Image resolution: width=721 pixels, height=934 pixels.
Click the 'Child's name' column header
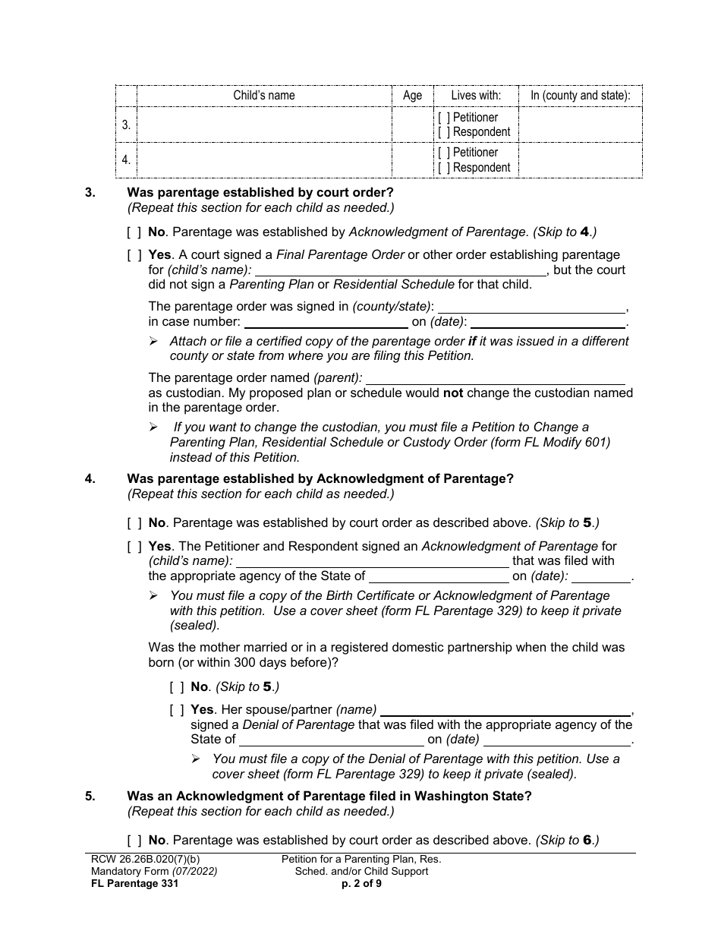(263, 96)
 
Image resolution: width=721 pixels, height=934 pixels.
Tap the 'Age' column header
(412, 96)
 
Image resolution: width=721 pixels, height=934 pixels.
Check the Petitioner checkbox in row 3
(442, 118)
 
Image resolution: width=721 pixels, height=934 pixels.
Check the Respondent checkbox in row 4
(442, 168)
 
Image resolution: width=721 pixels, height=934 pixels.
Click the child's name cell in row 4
(263, 160)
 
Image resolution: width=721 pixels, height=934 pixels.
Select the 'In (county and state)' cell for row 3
(580, 125)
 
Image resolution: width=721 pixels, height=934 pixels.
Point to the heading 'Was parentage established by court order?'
(260, 193)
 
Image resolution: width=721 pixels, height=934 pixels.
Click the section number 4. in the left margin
(90, 479)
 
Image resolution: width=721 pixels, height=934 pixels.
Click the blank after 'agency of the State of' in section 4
(438, 576)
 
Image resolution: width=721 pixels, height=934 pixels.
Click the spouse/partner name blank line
(505, 711)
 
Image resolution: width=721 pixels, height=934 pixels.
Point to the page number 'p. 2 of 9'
(361, 883)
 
